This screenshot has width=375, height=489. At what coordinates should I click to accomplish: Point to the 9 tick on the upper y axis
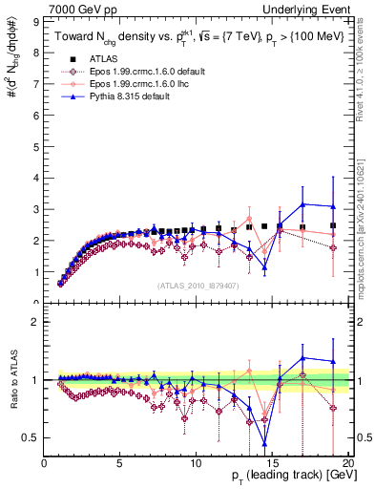(37, 19)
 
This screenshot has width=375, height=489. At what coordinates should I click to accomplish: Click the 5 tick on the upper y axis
(37, 144)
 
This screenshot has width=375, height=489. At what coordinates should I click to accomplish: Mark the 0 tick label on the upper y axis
(37, 302)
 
